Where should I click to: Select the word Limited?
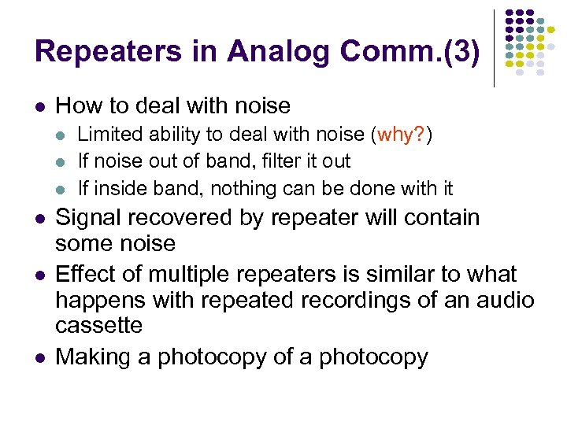coord(106,135)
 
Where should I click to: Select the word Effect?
coord(87,275)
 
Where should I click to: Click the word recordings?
coord(361,301)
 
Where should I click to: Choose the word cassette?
coord(98,326)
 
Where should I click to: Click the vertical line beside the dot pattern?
coord(494,48)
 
